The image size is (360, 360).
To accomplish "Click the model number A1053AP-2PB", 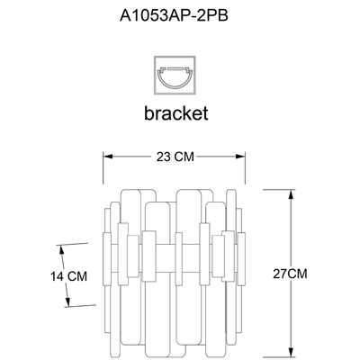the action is pos(174,15).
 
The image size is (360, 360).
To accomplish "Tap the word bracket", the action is pos(176,113).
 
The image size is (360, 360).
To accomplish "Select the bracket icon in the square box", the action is pos(175,75).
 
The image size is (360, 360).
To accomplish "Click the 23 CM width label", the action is pos(175,157).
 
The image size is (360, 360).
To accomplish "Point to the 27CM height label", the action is pos(290,274).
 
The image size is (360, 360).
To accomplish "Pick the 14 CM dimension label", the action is pos(68,276).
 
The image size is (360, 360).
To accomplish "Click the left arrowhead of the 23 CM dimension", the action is pos(108,157).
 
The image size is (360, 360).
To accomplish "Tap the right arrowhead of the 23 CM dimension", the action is pos(241,157).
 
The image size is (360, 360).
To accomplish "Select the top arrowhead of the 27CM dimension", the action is pos(290,194).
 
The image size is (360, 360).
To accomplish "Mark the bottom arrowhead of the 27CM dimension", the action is pos(290,353).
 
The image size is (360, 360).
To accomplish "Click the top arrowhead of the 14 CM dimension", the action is pos(61,249).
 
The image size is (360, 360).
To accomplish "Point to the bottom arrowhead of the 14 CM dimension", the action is pos(68,302).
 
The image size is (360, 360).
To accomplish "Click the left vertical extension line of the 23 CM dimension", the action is pos(103,168).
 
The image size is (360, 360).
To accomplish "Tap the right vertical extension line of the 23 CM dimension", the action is pos(246,168).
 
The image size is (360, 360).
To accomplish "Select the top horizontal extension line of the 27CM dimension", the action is pos(279,190).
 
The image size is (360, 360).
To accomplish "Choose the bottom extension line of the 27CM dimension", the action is pos(279,358).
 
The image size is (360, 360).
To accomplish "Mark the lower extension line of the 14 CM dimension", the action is pos(80,306).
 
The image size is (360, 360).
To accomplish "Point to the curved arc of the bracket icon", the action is pos(175,86).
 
